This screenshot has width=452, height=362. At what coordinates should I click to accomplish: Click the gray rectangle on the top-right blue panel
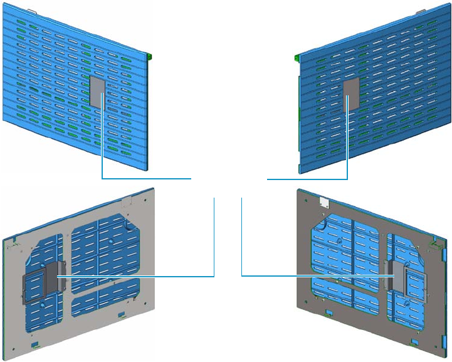(x=351, y=93)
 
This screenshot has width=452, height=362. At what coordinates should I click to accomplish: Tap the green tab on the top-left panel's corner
(x=151, y=56)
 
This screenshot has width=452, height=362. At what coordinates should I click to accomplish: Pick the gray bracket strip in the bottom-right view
(x=397, y=275)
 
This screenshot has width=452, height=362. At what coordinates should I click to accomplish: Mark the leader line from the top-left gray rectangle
(x=144, y=179)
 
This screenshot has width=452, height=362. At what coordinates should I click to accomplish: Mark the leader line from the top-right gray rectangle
(x=307, y=179)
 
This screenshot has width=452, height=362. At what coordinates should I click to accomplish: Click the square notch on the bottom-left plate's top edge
(x=125, y=202)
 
